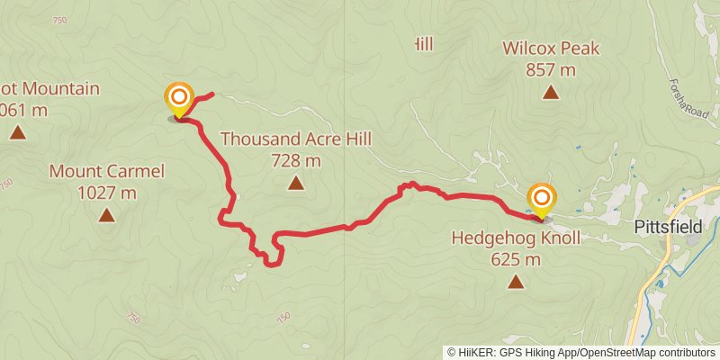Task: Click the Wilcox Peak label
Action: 551,49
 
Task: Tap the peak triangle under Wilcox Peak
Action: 551,92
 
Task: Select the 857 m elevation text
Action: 551,69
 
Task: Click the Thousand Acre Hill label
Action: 296,139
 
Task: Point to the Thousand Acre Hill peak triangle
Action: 296,184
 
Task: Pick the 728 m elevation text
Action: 296,161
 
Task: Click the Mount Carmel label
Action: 107,171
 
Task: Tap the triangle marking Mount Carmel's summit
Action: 107,215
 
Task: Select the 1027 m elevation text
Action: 107,193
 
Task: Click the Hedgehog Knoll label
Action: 516,238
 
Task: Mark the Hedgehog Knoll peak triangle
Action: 516,283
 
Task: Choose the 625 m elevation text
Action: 516,260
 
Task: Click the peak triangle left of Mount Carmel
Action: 17,133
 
